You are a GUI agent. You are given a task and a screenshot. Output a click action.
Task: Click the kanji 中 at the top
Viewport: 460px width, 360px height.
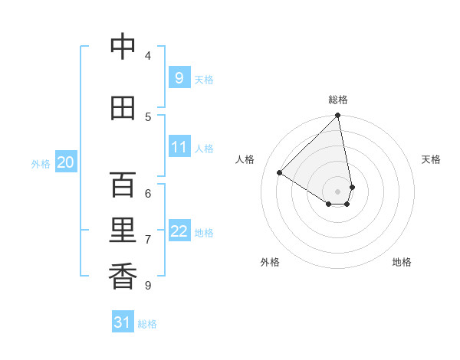123,47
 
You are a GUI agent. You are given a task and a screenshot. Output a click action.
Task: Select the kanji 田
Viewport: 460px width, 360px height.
123,108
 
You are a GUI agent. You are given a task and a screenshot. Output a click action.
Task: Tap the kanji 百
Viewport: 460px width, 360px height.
123,185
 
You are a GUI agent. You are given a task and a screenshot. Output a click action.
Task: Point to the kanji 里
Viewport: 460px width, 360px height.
123,231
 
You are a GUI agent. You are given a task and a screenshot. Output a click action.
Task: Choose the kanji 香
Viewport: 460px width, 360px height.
123,277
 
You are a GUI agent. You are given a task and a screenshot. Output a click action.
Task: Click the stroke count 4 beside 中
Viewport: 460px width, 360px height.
147,55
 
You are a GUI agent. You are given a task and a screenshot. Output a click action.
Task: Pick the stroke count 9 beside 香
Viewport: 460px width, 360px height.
147,285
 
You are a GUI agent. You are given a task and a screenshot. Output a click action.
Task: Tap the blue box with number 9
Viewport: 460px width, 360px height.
179,77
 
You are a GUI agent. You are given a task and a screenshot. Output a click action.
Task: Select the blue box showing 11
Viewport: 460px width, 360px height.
179,147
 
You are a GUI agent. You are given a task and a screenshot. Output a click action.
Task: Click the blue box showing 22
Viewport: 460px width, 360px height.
179,231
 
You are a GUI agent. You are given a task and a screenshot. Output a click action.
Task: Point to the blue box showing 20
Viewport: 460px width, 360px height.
66,162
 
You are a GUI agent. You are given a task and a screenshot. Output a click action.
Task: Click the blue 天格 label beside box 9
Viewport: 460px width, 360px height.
204,79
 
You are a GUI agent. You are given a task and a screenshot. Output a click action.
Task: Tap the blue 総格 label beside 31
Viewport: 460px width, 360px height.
147,324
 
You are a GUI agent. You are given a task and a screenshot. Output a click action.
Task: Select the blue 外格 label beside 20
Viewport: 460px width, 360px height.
41,164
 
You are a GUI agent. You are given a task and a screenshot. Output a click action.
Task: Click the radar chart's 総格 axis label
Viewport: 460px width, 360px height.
338,100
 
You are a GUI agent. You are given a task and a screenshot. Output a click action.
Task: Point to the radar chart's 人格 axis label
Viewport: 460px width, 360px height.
245,159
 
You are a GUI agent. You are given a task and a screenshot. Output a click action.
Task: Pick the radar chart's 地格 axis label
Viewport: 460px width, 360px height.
402,262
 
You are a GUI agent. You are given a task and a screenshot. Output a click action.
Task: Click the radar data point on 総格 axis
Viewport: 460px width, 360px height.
338,116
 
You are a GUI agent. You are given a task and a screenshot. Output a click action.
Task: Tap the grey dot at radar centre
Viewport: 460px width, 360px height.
337,191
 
